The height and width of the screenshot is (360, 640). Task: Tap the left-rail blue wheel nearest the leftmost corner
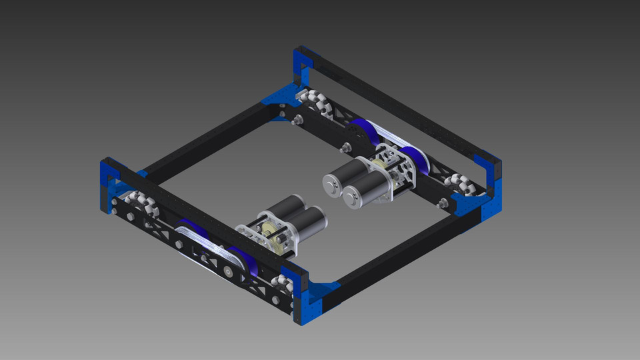pos(190,227)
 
